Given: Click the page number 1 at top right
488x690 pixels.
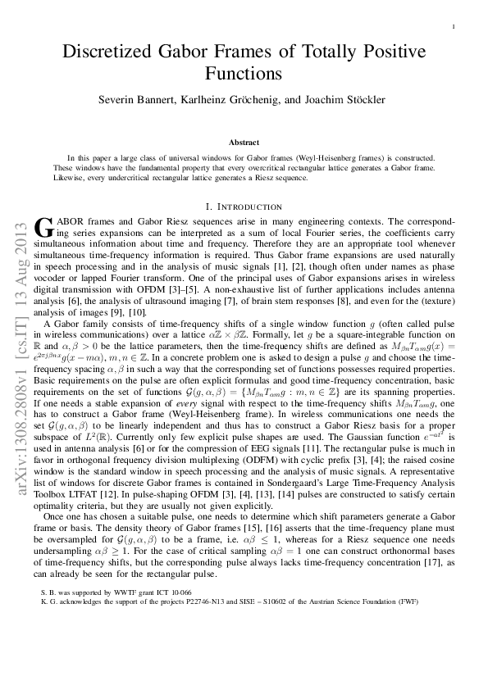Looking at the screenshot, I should pyautogui.click(x=454, y=27).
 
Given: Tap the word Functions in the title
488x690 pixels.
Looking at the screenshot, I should pyautogui.click(x=244, y=74).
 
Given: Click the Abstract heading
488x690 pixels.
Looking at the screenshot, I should pyautogui.click(x=244, y=142).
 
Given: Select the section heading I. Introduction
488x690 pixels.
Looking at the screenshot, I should pyautogui.click(x=244, y=207).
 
